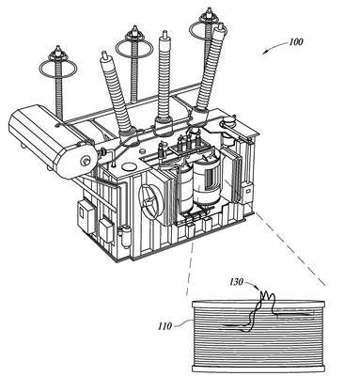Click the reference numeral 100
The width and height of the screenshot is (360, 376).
[295, 41]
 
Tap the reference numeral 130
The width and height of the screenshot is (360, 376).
[236, 282]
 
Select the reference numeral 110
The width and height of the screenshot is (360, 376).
[164, 326]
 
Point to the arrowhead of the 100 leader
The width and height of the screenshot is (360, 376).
[264, 52]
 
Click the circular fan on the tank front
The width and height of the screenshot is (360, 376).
[150, 201]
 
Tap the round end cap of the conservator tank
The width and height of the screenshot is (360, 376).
[86, 161]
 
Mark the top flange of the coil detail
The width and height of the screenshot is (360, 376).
[258, 303]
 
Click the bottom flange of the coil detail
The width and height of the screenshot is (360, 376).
[258, 369]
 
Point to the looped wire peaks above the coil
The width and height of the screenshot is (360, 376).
[267, 296]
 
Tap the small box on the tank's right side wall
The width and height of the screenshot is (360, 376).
[246, 190]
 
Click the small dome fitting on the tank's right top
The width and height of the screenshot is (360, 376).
[229, 119]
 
